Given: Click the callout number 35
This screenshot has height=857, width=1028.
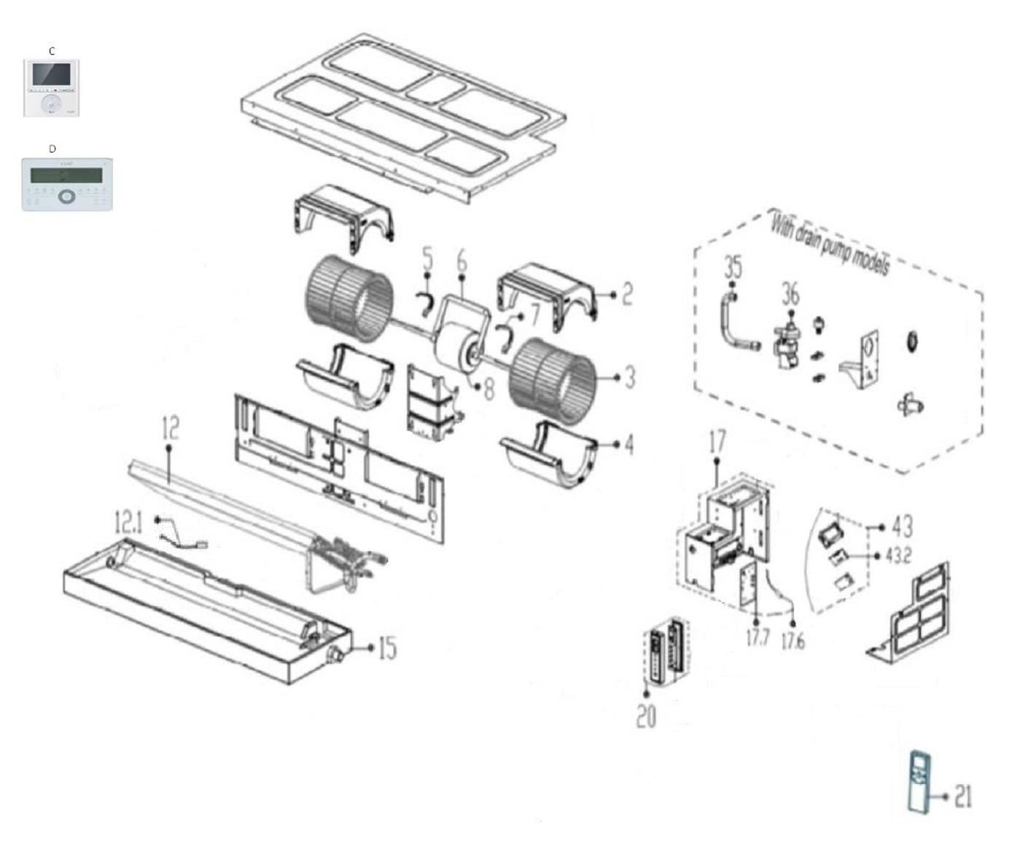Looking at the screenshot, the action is [x=733, y=268].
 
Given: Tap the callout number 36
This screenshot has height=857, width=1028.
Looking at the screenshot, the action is [x=791, y=295].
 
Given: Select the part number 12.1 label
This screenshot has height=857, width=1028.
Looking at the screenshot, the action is [x=128, y=522].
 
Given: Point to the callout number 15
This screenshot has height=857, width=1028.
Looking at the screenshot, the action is [x=387, y=648].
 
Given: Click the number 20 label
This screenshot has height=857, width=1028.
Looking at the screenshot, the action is [x=647, y=716].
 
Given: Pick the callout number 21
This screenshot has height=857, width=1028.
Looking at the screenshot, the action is [x=964, y=797].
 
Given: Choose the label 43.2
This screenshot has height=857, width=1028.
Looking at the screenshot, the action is [x=898, y=556].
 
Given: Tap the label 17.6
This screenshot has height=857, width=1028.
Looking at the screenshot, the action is [x=793, y=641].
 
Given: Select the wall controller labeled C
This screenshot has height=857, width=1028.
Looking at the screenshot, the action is [x=51, y=88].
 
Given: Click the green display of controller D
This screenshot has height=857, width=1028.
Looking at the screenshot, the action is [x=66, y=175].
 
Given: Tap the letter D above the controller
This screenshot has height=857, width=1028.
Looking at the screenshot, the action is [x=52, y=149].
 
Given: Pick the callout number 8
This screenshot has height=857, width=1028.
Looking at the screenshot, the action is [x=488, y=389].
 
